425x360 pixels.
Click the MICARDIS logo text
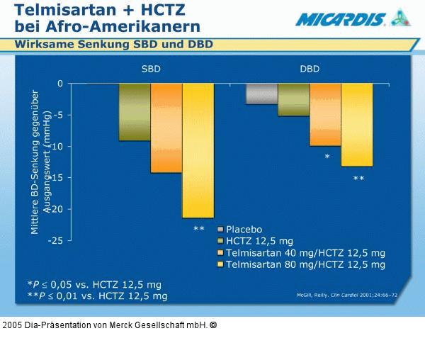[x=340, y=19]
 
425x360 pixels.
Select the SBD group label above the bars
[x=150, y=69]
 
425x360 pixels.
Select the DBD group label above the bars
[x=310, y=69]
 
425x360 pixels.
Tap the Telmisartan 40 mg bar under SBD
[x=166, y=128]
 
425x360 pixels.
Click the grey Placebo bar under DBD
[x=261, y=94]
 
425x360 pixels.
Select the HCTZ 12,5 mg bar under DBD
[x=293, y=99]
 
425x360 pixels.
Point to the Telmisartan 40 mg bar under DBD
[x=325, y=114]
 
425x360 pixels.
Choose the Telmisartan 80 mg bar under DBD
[x=357, y=125]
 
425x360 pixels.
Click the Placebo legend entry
[x=239, y=230]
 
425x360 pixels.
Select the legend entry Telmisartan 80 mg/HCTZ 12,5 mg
[x=300, y=264]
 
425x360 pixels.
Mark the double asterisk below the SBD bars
[x=199, y=229]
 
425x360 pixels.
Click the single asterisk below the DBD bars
[x=327, y=157]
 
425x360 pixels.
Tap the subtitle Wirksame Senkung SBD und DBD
[x=114, y=45]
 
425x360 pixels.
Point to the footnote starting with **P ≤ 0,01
[x=97, y=296]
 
